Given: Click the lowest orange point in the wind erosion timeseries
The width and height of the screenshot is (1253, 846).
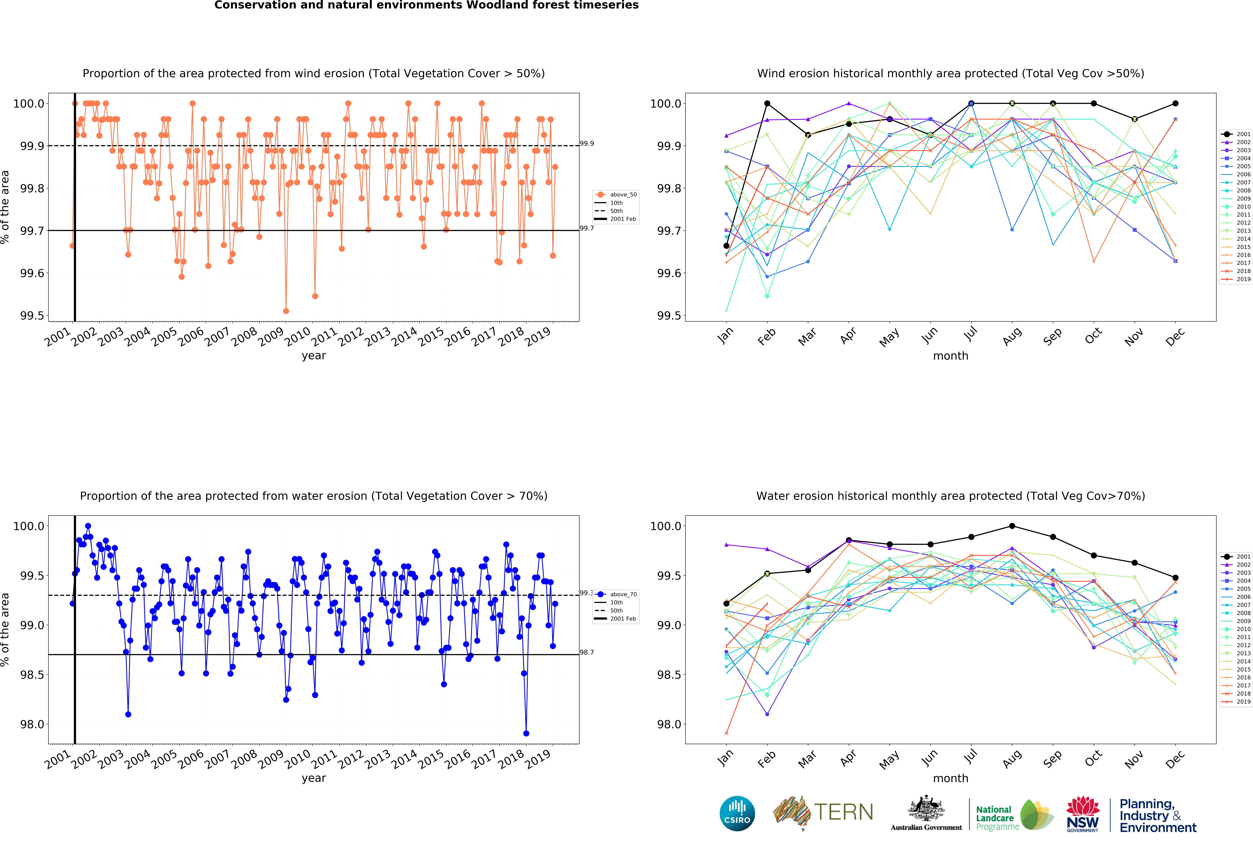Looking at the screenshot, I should [x=286, y=311].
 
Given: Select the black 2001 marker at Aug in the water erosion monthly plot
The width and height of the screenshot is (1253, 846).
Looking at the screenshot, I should [x=1012, y=526].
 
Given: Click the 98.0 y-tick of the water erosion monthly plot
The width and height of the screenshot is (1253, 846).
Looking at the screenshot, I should [x=669, y=724].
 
